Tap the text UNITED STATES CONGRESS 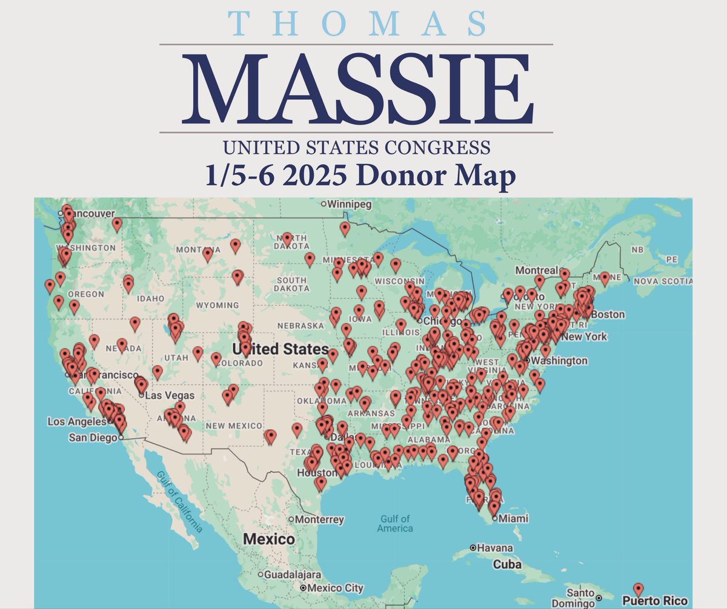(x=356, y=146)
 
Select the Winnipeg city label (x=351, y=205)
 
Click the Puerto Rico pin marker (x=638, y=590)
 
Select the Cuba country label (x=506, y=564)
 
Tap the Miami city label (x=513, y=518)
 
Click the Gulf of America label (x=396, y=523)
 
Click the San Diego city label (x=93, y=437)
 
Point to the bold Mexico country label (x=269, y=538)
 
